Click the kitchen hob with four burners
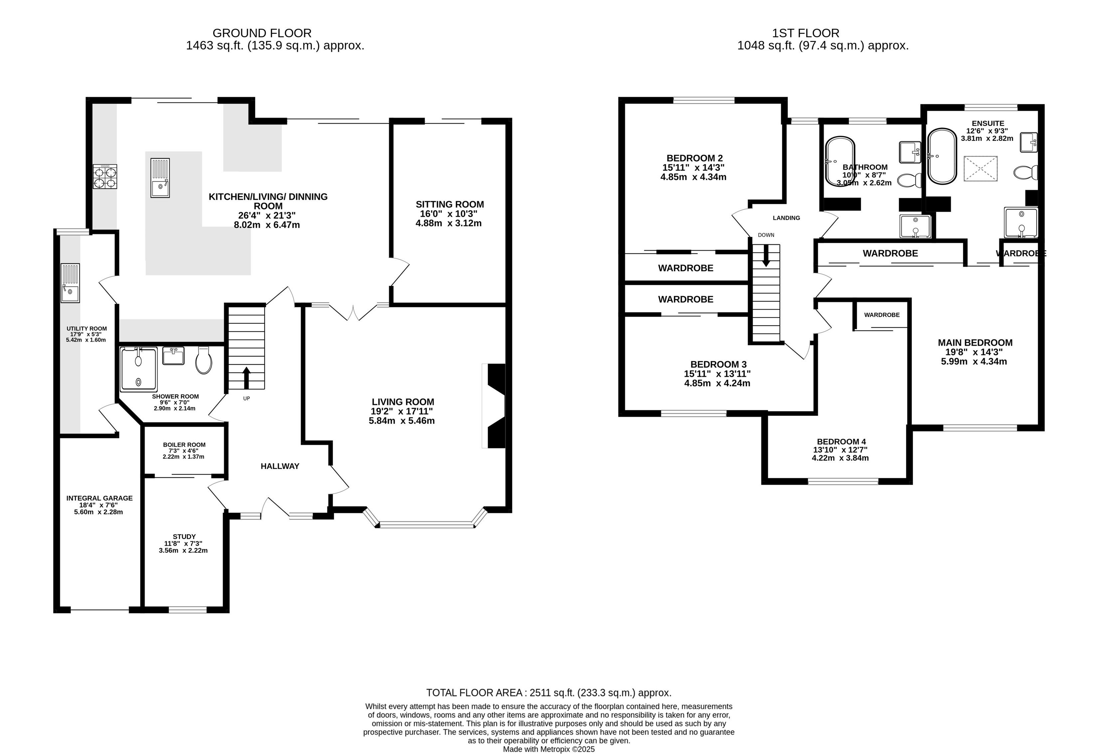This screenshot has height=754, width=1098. (x=105, y=177)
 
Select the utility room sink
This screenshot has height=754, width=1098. (x=70, y=283)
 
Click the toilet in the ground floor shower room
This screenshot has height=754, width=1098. (x=204, y=361)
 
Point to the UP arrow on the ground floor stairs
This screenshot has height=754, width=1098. (x=246, y=377)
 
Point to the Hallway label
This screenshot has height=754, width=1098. (x=280, y=466)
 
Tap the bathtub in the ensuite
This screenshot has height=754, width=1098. (x=942, y=156)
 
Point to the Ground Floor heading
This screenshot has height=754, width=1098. (x=262, y=33)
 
